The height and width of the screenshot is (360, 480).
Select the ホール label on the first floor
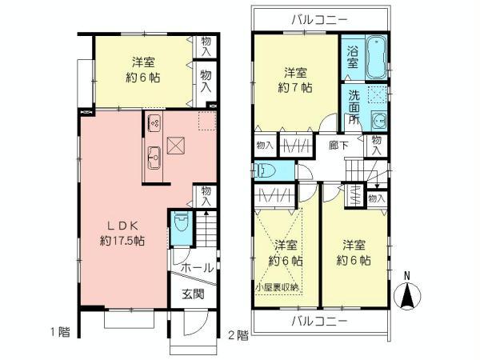coord(197,268)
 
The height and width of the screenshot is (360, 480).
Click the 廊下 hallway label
coord(338,146)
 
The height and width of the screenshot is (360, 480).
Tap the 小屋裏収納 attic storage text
coord(278,286)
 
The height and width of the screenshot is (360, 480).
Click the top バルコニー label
coord(318,18)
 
